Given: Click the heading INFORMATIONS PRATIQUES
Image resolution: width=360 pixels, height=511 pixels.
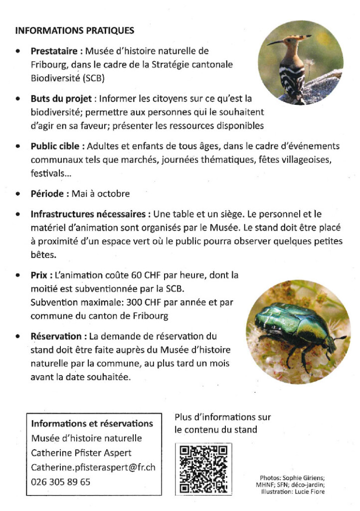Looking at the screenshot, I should [x=75, y=31].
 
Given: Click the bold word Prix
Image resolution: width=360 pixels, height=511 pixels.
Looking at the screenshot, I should [x=40, y=275].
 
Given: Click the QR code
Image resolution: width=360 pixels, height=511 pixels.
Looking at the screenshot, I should [x=203, y=469].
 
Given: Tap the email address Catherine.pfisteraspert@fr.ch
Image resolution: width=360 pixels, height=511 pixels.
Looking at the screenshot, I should [x=93, y=468].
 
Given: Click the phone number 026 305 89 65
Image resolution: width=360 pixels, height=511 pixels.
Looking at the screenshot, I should [x=61, y=482].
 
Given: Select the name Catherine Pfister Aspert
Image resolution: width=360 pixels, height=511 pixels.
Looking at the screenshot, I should [x=81, y=453].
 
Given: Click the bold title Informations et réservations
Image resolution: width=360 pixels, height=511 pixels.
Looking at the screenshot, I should [x=92, y=424].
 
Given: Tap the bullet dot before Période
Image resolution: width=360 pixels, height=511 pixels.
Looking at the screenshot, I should [x=18, y=194].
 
